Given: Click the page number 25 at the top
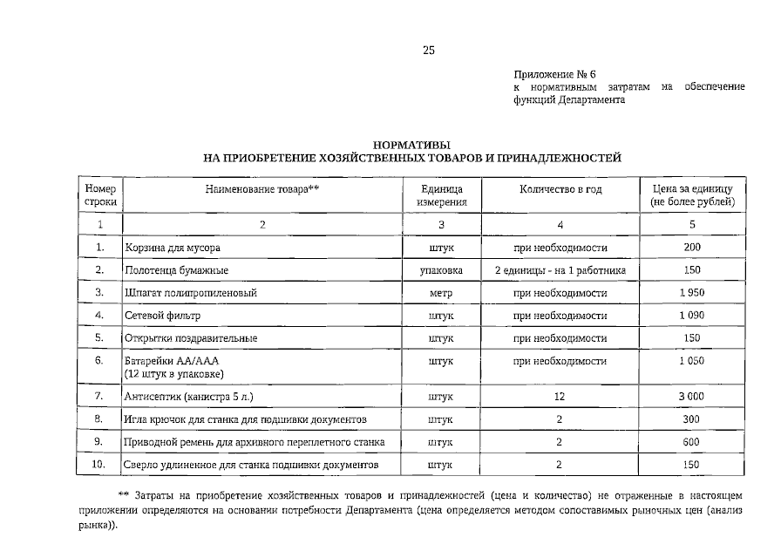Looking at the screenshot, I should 428,50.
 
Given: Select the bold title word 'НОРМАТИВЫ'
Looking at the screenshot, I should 411,145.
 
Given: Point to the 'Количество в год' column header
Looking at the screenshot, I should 560,189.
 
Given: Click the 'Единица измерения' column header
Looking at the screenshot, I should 442,195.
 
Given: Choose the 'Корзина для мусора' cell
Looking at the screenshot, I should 166,248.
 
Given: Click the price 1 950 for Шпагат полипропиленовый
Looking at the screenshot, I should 692,292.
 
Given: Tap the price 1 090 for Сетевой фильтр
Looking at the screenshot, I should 692,315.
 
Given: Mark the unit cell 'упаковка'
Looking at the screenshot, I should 442,270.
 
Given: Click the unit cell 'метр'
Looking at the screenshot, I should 442,292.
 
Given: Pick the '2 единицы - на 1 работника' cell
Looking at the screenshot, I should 560,270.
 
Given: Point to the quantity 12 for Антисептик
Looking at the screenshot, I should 560,396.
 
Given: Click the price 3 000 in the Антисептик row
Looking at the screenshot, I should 692,396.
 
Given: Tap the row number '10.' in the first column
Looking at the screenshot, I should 100,465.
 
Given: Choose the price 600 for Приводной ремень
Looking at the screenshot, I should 692,442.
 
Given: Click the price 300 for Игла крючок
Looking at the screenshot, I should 692,419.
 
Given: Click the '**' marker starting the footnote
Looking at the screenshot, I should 123,494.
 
